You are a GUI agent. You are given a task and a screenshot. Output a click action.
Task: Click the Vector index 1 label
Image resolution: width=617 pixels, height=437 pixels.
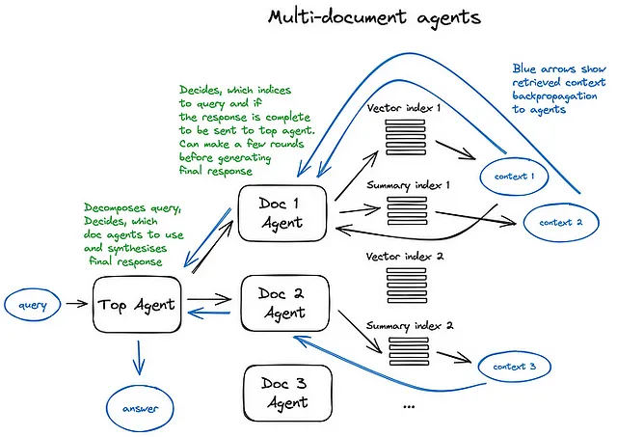click(x=404, y=107)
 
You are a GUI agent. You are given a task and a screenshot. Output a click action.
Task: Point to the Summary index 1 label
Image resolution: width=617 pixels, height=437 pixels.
click(x=408, y=185)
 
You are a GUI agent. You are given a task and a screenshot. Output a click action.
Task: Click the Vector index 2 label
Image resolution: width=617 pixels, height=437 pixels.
click(x=405, y=257)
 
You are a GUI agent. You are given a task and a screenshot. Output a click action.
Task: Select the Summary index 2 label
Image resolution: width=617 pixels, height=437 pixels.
click(x=410, y=326)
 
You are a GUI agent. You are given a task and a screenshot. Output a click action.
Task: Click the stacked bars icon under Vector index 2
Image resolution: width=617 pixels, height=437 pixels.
click(x=407, y=286)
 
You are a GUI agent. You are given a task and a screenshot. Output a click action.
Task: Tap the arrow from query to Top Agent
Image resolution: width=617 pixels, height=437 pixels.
click(x=77, y=304)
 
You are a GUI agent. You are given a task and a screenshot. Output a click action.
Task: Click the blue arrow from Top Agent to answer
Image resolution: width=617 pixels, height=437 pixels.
click(x=139, y=358)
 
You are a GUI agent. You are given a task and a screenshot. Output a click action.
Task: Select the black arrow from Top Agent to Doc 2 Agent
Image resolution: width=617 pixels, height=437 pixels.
click(x=209, y=300)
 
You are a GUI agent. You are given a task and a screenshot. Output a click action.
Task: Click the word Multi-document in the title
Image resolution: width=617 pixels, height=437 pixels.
click(x=337, y=17)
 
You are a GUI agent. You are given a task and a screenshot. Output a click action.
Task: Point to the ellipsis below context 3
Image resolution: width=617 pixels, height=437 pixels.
click(x=409, y=407)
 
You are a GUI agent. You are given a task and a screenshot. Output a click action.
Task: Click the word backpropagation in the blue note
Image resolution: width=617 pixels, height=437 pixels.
click(x=554, y=96)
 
